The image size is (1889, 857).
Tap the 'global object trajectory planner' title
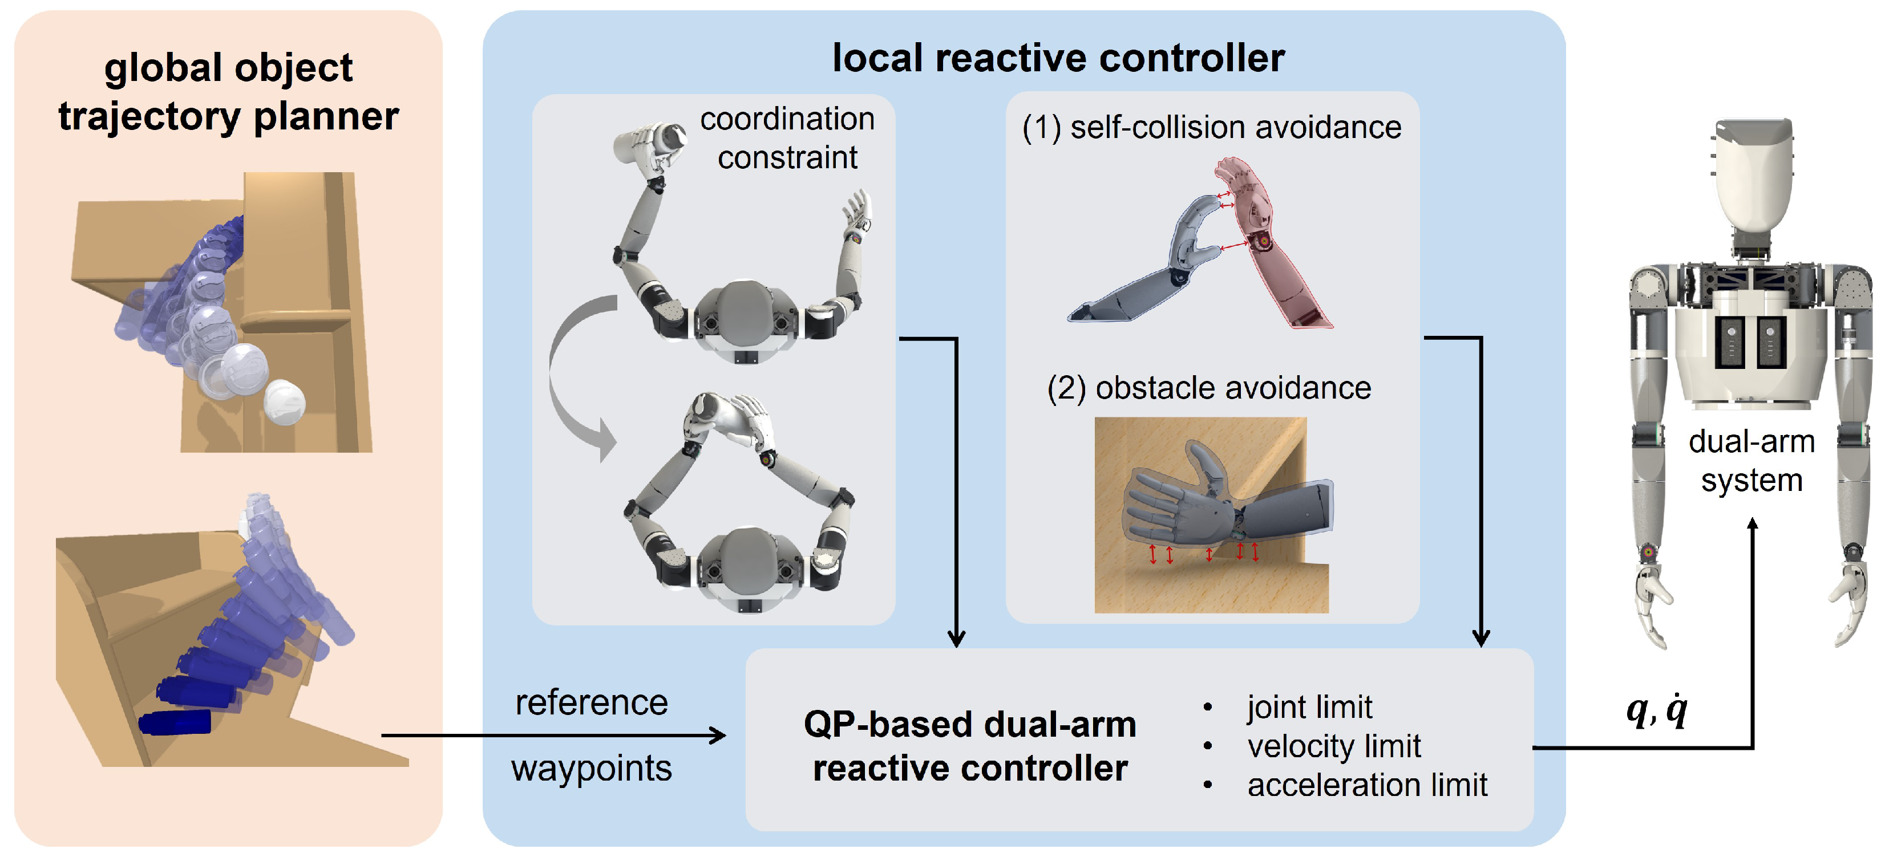[x=228, y=92]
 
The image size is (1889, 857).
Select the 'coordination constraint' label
[x=787, y=138]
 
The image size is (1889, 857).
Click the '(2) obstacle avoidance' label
[x=1208, y=387]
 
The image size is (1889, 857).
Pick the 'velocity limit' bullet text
[x=1333, y=746]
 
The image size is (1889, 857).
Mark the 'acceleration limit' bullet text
[x=1367, y=785]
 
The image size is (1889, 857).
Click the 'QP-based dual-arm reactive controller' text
[x=969, y=746]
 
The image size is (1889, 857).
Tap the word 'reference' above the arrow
[x=591, y=702]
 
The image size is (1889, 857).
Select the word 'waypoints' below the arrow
[x=591, y=767]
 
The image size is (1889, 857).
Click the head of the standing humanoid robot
[x=1752, y=176]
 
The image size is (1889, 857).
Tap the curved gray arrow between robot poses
[x=572, y=374]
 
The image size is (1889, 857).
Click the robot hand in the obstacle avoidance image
[x=1180, y=506]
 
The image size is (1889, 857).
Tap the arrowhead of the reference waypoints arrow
[x=719, y=736]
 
